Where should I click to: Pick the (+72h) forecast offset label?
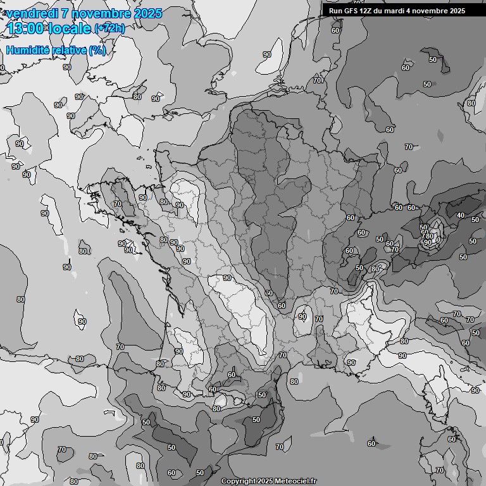[109, 29]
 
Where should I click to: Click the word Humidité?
[28, 50]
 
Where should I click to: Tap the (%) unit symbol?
[97, 50]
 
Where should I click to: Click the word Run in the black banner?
[335, 11]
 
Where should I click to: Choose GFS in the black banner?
[351, 11]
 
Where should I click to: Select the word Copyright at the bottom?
[239, 481]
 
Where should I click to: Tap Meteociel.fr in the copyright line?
[295, 481]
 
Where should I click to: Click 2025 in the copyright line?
[266, 481]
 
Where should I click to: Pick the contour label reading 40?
[461, 216]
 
